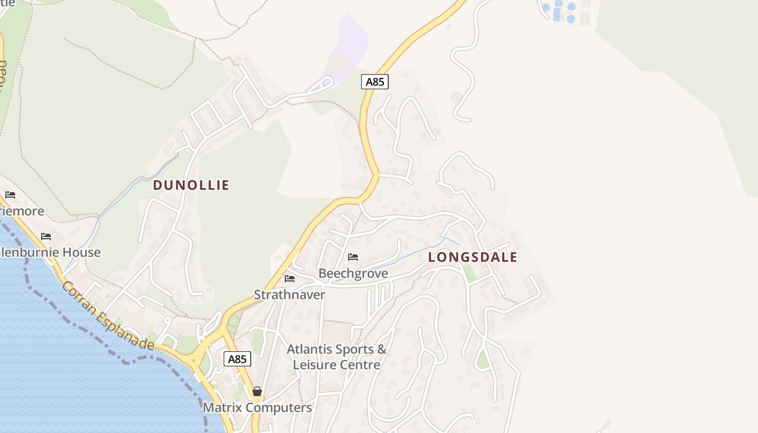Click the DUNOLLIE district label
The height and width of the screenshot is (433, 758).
coord(191,185)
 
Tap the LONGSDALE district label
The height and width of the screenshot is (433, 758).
coord(473,257)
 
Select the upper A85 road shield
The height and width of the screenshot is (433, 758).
coord(375,82)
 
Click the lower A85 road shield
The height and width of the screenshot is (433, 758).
coord(237,359)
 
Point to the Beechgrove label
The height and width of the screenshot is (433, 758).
coord(353,273)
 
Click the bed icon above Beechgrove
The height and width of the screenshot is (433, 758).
coord(353,257)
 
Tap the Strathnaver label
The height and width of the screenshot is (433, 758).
coord(290,295)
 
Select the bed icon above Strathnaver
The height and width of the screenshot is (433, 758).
coord(290,279)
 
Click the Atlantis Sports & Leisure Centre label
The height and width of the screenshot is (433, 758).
coord(336,357)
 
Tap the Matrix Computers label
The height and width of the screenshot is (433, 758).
coord(257,408)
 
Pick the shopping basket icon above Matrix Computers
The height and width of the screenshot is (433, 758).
coord(257,391)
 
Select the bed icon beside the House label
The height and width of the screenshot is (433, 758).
coord(46,237)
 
